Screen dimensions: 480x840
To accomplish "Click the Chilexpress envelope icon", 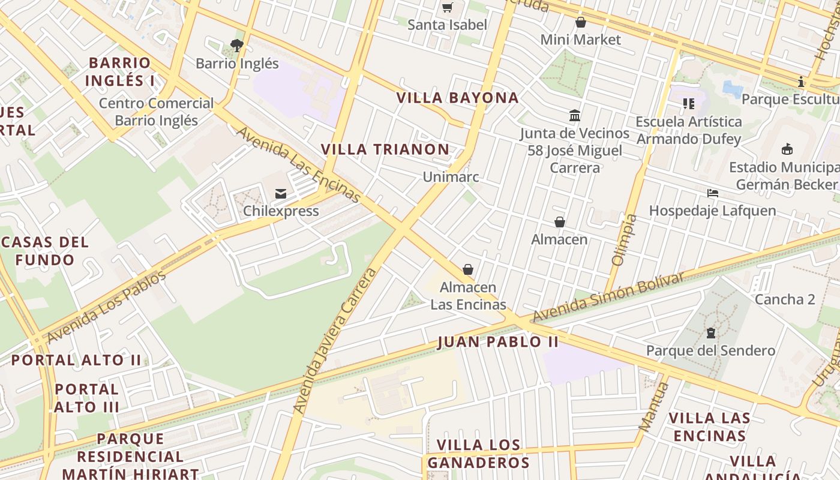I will coord(280,194).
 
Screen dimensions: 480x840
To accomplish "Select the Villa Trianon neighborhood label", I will coord(385,149).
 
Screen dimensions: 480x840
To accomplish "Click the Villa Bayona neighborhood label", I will coord(457,98).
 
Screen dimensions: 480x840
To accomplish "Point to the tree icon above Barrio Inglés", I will coord(237,45).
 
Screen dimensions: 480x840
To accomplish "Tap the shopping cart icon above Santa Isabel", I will coord(447,8).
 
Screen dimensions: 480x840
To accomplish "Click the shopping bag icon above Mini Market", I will coord(580,23).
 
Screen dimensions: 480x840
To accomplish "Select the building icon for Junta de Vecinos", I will coord(574,115).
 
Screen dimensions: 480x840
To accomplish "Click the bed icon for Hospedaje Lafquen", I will coord(712,193).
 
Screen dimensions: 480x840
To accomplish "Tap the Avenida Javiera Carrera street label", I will coord(335,341).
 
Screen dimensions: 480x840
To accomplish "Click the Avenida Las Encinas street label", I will coord(299,165).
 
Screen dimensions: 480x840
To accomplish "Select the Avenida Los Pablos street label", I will coord(106,307).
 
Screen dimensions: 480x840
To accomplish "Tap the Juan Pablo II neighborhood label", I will coord(498,342).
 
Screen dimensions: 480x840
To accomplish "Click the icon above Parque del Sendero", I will coord(711,332).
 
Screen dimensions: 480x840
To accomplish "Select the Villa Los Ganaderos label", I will coord(478,454).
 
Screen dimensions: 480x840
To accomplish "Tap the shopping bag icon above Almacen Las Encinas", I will coord(468,269).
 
